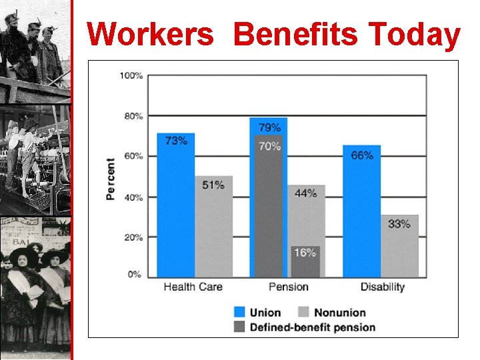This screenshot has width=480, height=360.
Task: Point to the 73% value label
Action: pyautogui.click(x=176, y=141)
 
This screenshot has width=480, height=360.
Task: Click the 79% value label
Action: pyautogui.click(x=269, y=127)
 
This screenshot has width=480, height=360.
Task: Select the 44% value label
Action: pyautogui.click(x=305, y=193)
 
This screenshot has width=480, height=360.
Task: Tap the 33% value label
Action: pyautogui.click(x=399, y=223)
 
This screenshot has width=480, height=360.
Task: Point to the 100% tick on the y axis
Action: pyautogui.click(x=131, y=75)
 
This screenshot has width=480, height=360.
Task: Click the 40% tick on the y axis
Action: pyautogui.click(x=133, y=197)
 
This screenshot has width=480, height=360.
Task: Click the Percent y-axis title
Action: pyautogui.click(x=111, y=179)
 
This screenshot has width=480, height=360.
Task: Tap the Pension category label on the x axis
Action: pyautogui.click(x=288, y=287)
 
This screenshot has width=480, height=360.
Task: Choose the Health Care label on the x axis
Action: pyautogui.click(x=193, y=287)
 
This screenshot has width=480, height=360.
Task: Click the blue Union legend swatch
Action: pyautogui.click(x=239, y=312)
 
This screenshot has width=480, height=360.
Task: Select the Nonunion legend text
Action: pyautogui.click(x=340, y=312)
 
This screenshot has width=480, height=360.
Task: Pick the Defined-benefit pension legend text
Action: pyautogui.click(x=313, y=327)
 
